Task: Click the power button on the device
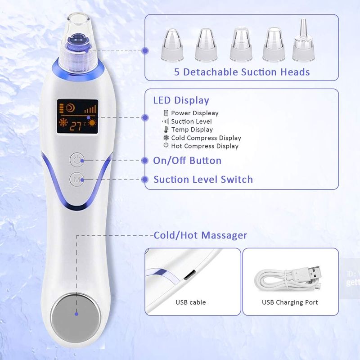coord(77,159)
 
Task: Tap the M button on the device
coord(77,179)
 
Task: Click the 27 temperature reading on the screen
coord(75,126)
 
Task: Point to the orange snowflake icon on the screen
coord(63,122)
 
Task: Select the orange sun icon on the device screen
coord(92,123)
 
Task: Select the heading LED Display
coord(181,100)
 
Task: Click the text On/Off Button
coord(187,161)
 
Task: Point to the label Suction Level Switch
coord(203,179)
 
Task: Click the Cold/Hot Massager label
coord(200,235)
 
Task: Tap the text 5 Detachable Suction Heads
coord(242,72)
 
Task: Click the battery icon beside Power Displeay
coord(166,113)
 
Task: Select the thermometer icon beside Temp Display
coord(166,130)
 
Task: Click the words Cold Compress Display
coord(206,138)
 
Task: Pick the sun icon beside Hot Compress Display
coord(166,145)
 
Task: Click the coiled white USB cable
coord(288,279)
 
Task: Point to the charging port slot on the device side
coord(189,275)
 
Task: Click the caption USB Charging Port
coord(290,302)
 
